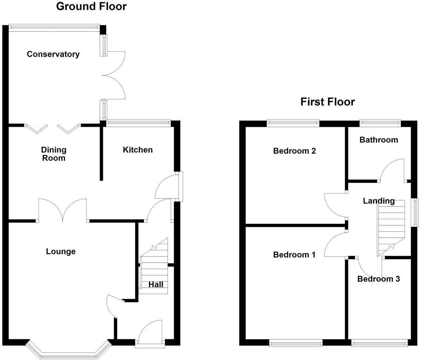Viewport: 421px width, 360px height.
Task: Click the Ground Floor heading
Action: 91,6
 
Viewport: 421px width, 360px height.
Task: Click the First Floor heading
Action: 327,102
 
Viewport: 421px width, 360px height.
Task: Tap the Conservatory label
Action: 53,54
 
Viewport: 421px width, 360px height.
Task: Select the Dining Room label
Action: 54,154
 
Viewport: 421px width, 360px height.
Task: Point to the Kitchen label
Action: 138,150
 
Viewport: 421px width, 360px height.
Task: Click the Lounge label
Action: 61,251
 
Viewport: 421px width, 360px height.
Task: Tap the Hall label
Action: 155,284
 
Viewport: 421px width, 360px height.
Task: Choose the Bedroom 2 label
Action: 294,151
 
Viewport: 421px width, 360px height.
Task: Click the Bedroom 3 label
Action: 379,279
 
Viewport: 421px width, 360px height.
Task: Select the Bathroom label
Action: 379,140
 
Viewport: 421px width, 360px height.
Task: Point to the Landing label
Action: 379,201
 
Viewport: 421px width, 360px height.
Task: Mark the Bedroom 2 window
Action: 293,123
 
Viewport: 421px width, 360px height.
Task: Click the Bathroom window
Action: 380,123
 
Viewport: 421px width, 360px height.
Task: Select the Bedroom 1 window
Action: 296,342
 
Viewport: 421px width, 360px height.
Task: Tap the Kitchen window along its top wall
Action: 138,123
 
